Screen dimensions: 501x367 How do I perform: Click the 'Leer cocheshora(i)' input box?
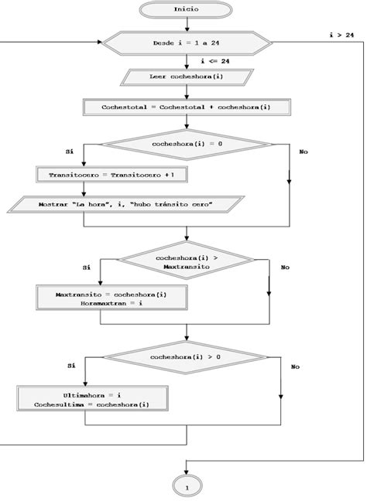[186, 77]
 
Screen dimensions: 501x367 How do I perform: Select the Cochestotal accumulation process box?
[186, 107]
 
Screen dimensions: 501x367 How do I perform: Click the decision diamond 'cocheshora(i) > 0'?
[186, 357]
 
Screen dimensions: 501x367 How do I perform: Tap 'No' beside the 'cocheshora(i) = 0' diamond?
[303, 152]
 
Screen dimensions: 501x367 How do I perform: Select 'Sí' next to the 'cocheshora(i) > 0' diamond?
[71, 365]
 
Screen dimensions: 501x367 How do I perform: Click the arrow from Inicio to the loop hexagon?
[186, 25]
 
